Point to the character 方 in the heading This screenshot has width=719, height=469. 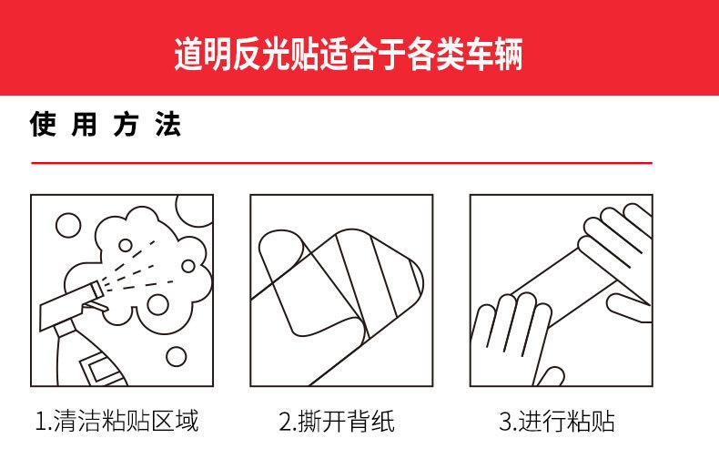126,125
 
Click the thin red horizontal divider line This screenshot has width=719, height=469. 342,163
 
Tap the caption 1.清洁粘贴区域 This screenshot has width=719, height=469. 116,422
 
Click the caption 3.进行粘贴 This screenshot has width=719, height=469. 557,422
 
